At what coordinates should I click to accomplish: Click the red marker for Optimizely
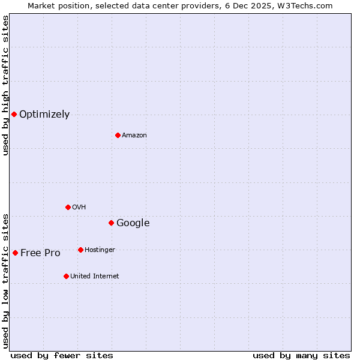tap(14, 114)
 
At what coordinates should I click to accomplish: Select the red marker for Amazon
tap(118, 135)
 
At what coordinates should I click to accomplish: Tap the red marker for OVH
tap(68, 207)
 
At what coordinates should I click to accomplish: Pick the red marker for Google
tap(111, 223)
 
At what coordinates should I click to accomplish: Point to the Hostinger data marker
tap(80, 250)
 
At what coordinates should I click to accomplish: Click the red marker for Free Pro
tap(15, 253)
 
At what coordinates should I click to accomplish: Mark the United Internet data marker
tap(66, 276)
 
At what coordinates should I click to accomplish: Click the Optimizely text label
tap(44, 115)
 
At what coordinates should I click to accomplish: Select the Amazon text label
tap(134, 136)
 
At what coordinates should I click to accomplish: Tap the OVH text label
tap(79, 208)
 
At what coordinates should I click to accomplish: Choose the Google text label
tap(133, 223)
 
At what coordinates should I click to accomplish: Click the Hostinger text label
tap(100, 250)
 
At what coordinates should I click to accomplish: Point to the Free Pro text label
tap(40, 253)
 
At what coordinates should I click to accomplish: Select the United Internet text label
tap(94, 277)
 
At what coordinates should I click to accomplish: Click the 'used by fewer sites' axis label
tap(62, 355)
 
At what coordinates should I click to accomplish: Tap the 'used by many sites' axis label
tap(301, 355)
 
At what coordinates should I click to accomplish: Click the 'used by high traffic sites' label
tap(5, 85)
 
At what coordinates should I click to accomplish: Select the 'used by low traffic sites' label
tap(5, 280)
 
